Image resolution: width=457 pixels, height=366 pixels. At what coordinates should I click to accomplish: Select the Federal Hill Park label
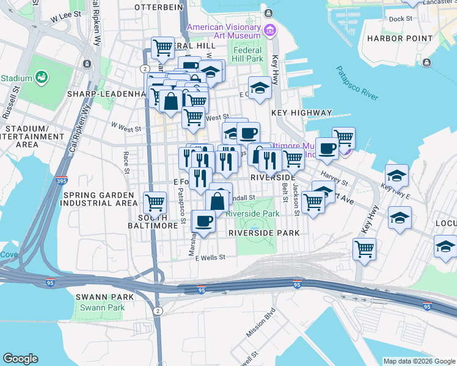(x=247, y=55)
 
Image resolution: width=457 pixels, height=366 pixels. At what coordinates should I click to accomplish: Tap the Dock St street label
(x=401, y=19)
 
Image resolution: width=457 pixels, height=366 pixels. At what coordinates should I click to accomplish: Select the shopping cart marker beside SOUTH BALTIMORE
(x=155, y=201)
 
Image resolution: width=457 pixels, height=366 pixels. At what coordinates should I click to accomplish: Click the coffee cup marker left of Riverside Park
(x=203, y=221)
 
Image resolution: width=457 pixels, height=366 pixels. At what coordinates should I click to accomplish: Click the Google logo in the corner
(x=20, y=359)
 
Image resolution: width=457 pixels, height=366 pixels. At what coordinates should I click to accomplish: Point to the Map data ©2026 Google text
(x=419, y=361)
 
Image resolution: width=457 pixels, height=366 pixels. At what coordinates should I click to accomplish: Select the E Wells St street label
(x=210, y=258)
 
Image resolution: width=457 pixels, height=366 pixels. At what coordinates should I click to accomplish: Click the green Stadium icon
(x=42, y=77)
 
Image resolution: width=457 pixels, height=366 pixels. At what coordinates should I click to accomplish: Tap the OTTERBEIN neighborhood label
(x=158, y=7)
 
